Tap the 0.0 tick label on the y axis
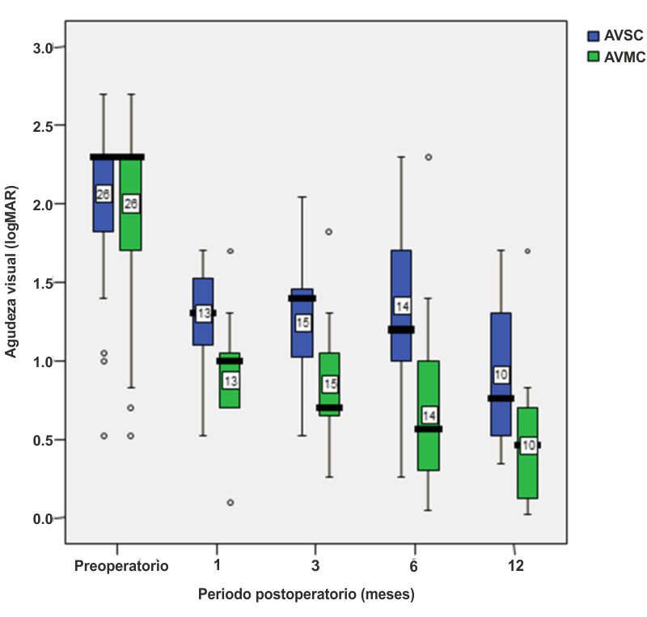coord(43,518)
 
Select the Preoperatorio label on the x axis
coord(121,566)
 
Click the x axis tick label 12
coord(515,566)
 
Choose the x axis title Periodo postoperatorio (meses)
coord(307,595)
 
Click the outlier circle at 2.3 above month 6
coord(428,157)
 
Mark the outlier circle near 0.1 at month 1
coord(230,502)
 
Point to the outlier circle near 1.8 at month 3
coord(329,232)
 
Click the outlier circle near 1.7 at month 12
coord(528,251)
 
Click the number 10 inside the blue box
coord(501,374)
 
